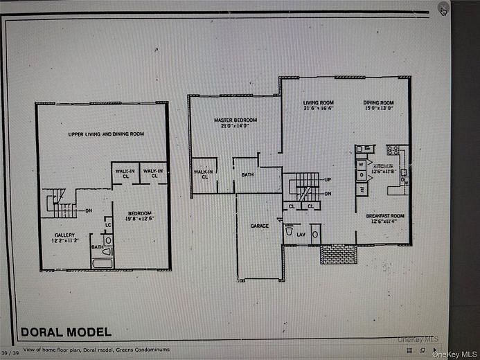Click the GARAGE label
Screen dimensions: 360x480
pyautogui.click(x=259, y=226)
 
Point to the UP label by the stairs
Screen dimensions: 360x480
pyautogui.click(x=326, y=180)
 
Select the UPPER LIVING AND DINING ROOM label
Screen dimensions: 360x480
pyautogui.click(x=106, y=134)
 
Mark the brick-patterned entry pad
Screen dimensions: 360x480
pyautogui.click(x=338, y=254)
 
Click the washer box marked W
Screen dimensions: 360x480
pyautogui.click(x=361, y=164)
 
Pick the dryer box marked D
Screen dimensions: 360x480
pyautogui.click(x=361, y=175)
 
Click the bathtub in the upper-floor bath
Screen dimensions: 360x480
pyautogui.click(x=102, y=263)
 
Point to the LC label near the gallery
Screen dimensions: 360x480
pyautogui.click(x=108, y=224)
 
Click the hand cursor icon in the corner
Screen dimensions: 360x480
pyautogui.click(x=444, y=9)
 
